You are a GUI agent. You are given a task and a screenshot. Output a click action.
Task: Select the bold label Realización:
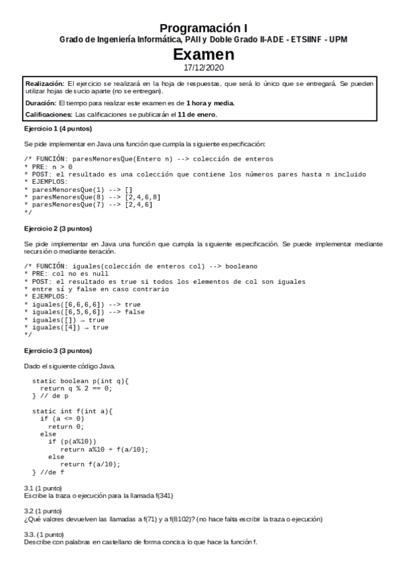click(x=45, y=84)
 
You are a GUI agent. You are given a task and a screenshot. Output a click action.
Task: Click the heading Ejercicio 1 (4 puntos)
click(x=57, y=128)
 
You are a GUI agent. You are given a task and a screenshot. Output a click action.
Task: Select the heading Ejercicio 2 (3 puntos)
click(x=57, y=228)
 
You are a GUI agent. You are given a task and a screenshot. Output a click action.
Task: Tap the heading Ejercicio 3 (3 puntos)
click(x=57, y=350)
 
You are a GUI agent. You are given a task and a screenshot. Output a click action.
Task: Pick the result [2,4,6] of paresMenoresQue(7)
click(x=139, y=205)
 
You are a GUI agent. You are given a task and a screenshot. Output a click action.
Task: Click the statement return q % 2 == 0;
click(x=76, y=388)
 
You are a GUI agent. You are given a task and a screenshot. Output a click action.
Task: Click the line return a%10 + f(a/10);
click(x=103, y=449)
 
